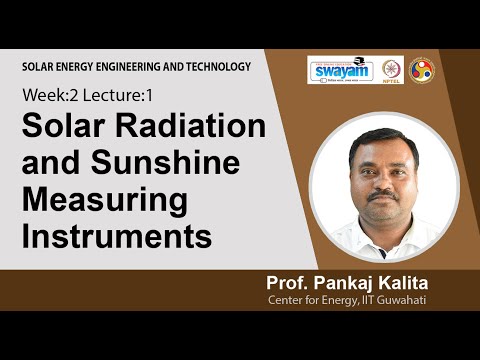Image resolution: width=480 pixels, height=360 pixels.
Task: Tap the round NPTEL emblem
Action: [x=392, y=68]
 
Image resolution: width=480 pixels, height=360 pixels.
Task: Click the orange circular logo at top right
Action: [x=422, y=69]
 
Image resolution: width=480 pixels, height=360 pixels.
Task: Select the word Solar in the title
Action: [x=58, y=128]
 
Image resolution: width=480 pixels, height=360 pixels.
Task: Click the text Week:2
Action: [x=48, y=97]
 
